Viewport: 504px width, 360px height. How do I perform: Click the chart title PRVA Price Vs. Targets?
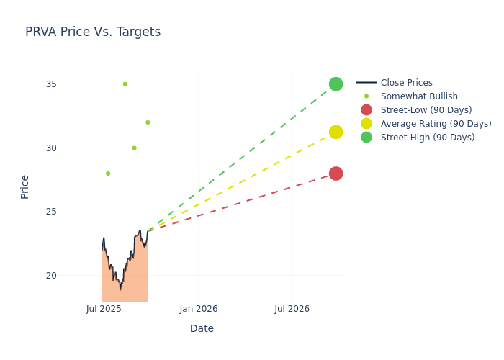tap(93, 32)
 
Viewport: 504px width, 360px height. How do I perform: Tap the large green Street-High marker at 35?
tap(336, 84)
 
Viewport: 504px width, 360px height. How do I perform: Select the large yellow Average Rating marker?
tap(336, 132)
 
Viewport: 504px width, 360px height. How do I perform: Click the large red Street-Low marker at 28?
tap(336, 174)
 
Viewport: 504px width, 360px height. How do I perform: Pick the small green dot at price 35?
tap(125, 84)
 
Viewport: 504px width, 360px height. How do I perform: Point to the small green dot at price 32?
tap(148, 122)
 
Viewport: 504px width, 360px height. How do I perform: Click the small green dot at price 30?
tap(134, 148)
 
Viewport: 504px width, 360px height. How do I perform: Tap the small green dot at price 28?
tap(108, 174)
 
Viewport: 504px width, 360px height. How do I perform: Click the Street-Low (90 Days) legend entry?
tap(426, 110)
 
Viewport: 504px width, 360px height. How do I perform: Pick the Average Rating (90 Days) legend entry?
tap(436, 124)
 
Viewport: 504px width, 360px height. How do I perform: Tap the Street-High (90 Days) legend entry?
tap(427, 138)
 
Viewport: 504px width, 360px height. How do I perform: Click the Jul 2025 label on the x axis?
tap(104, 309)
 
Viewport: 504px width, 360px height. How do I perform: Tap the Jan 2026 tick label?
tap(199, 309)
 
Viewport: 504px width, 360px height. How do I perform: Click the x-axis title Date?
tap(202, 329)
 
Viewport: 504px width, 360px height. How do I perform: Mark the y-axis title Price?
tap(25, 186)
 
